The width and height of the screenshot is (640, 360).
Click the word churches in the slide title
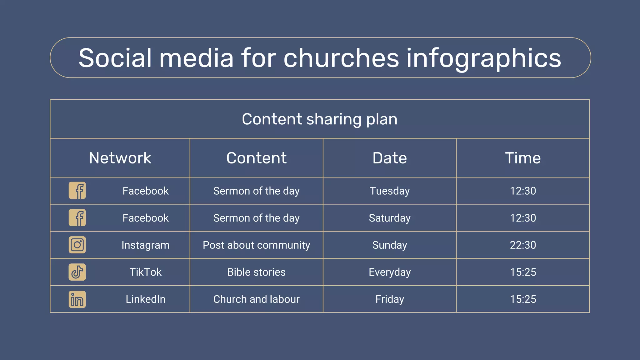[x=341, y=58]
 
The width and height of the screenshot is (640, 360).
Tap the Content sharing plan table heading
[x=319, y=119]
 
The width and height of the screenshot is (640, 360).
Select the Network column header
[x=120, y=158]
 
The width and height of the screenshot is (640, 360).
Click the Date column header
[x=389, y=158]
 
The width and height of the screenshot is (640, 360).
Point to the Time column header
[x=523, y=158]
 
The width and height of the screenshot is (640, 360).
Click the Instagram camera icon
[x=77, y=245]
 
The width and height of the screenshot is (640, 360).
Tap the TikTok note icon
[x=77, y=272]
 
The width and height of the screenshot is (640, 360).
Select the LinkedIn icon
[x=77, y=299]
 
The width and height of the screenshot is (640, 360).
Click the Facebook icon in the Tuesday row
[x=77, y=191]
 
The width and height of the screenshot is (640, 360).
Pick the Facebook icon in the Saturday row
[x=77, y=218]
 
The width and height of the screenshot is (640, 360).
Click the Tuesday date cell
[x=389, y=191]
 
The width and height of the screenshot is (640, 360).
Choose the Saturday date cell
[x=389, y=218]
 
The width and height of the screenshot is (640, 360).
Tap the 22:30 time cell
[x=523, y=245]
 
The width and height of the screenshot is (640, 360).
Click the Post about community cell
[x=256, y=245]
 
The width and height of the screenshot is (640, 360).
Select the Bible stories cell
[x=256, y=272]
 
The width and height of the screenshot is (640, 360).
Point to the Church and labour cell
[x=256, y=299]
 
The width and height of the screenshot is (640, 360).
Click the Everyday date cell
[x=389, y=272]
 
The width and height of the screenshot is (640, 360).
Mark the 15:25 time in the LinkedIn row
[x=523, y=299]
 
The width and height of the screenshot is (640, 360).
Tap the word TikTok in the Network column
[x=145, y=272]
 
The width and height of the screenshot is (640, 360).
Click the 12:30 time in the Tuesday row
[x=523, y=191]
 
